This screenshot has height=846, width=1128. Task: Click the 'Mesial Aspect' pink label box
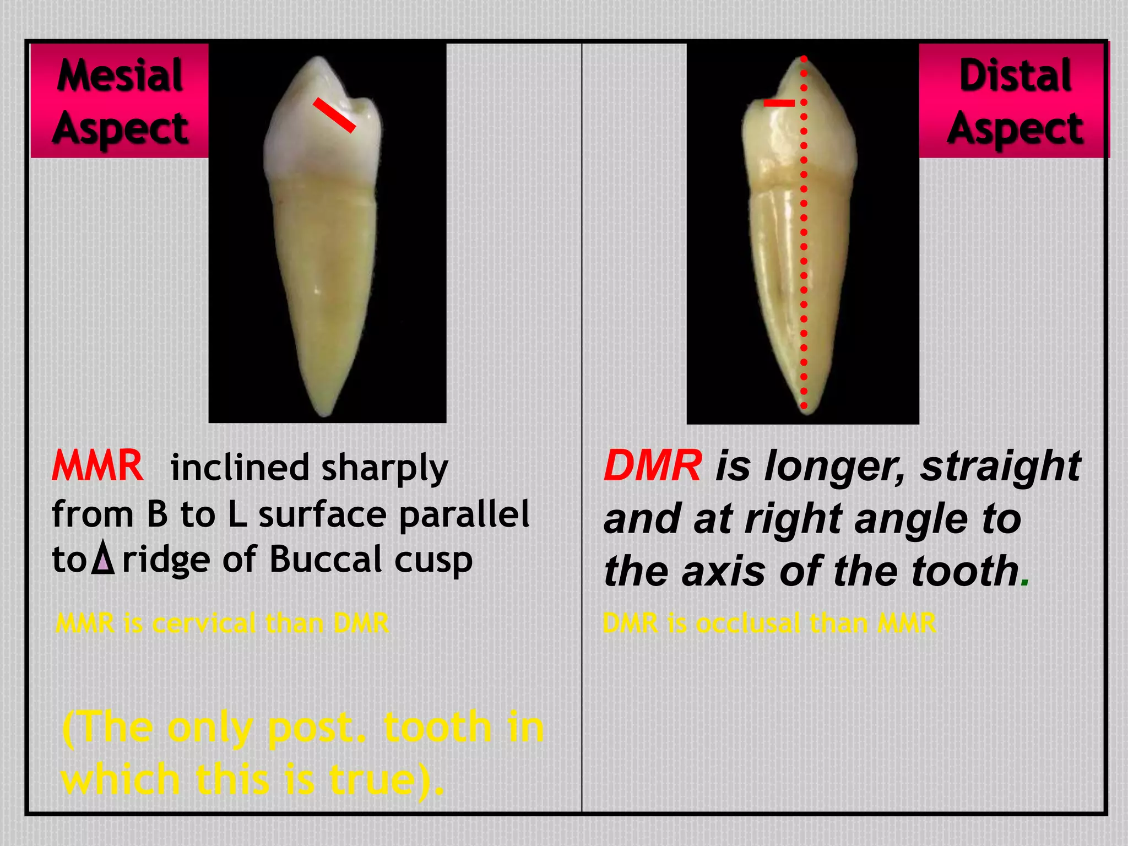coord(120,101)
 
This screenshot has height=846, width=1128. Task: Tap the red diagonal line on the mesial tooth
coord(334,115)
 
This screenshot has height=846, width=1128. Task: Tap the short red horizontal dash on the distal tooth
coord(779,103)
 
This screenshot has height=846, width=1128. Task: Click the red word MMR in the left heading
coord(97,466)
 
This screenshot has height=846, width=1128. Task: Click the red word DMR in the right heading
coord(653,466)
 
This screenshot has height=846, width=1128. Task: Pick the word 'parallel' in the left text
coord(464,514)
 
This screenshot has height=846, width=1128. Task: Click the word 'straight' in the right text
coord(1000,466)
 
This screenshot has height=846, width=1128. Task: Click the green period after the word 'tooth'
coord(1024,583)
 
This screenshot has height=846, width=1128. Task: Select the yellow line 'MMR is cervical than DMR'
coord(222,623)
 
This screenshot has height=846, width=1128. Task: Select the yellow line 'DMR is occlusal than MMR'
coord(769,623)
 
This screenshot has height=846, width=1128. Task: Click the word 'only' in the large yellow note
coord(209,728)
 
